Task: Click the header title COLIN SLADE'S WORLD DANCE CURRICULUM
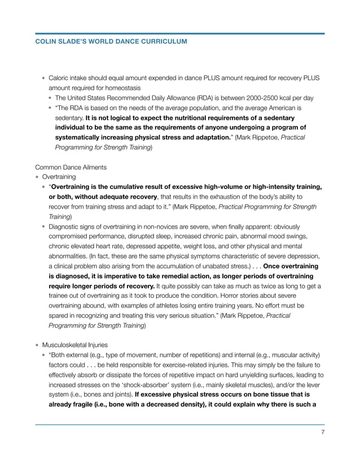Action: point(111,42)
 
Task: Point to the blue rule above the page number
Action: point(179,424)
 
